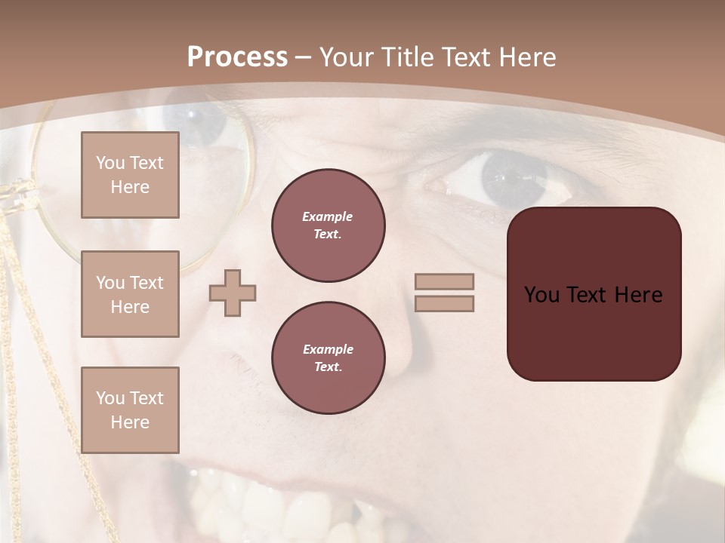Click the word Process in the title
[237, 57]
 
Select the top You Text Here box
[130, 175]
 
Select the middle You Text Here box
[130, 294]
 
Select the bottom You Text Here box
[130, 410]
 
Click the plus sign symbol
[233, 293]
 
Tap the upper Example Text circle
[329, 225]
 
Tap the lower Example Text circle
[329, 357]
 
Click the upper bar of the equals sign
[444, 281]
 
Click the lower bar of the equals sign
[444, 303]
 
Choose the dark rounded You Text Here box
[594, 294]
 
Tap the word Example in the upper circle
[327, 216]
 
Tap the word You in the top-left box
[110, 163]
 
